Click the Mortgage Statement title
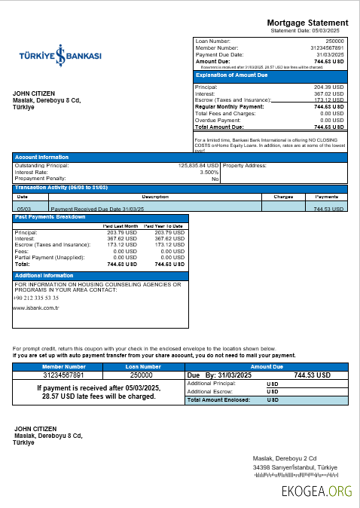pos(307,23)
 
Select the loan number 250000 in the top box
pos(334,41)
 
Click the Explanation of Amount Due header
pos(232,75)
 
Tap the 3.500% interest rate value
pos(209,172)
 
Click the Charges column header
pos(283,196)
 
